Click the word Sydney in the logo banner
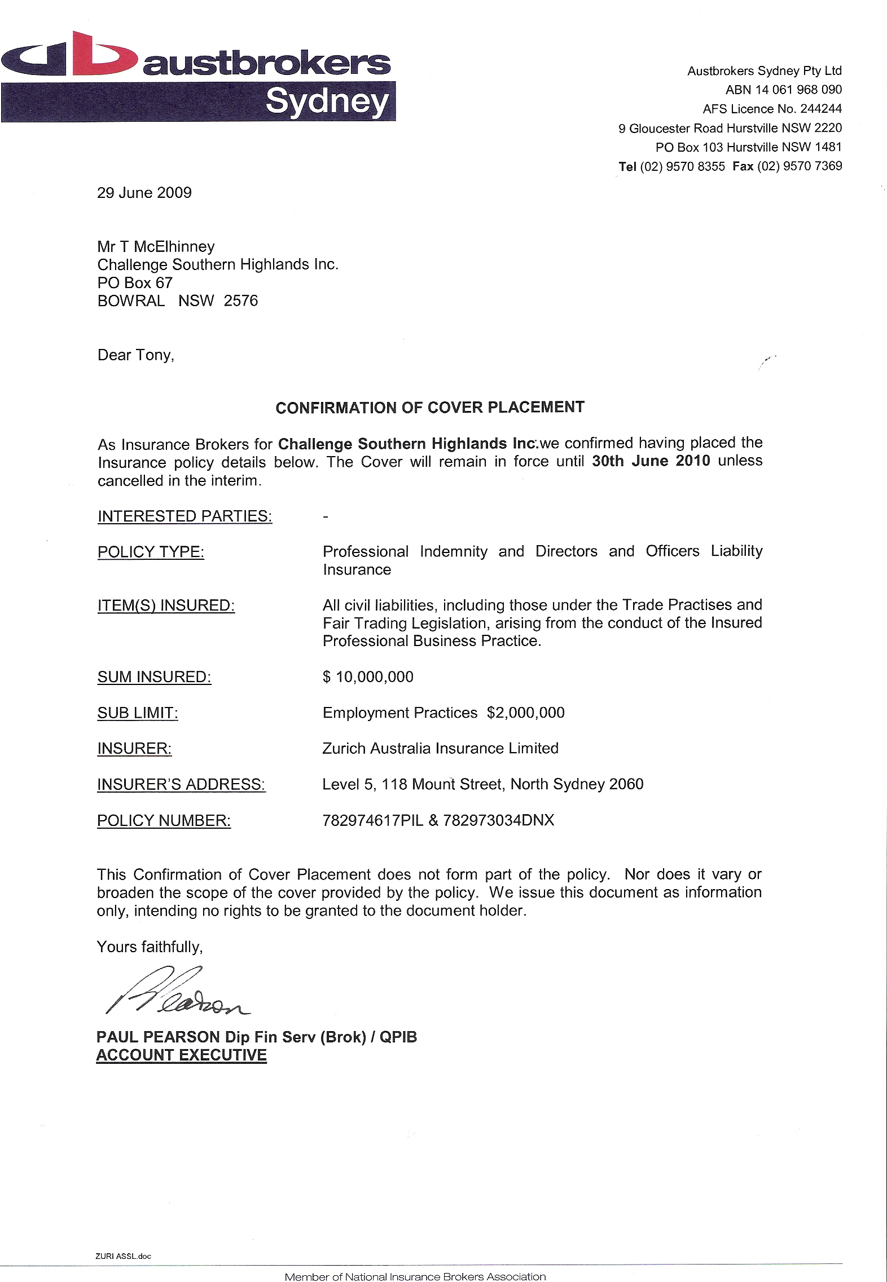pos(327,101)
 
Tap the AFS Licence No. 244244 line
pos(772,109)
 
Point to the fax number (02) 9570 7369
pos(800,166)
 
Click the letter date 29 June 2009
pos(144,193)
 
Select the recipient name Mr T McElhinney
pos(156,246)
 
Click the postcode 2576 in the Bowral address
pos(241,300)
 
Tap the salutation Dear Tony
pos(136,355)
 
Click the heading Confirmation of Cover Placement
pos(430,408)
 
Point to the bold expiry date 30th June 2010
pos(651,461)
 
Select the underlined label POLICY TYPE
pos(151,552)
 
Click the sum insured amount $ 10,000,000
pos(368,677)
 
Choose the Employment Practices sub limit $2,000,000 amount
pos(526,713)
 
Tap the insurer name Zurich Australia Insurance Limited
pos(440,748)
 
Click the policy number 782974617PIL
pos(372,820)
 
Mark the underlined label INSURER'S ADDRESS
pos(181,784)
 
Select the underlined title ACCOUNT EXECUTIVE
pos(181,1055)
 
